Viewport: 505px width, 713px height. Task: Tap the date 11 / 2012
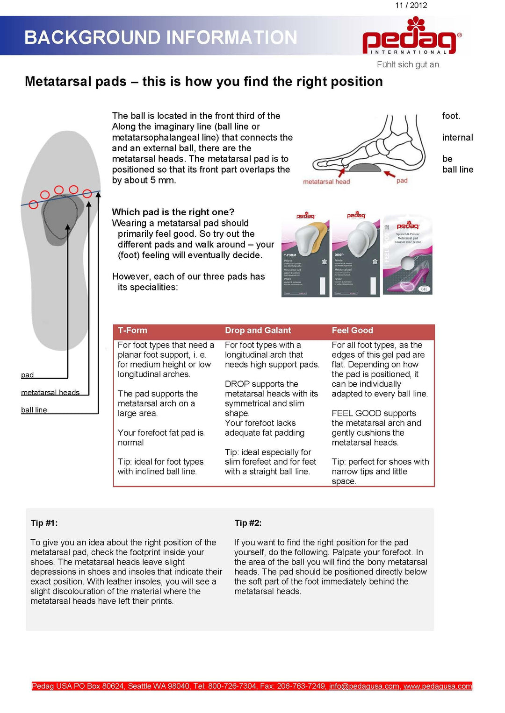(x=411, y=6)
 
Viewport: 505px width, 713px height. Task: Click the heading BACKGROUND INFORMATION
(x=160, y=37)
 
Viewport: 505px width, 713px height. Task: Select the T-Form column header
(x=132, y=331)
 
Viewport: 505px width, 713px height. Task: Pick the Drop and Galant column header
(x=258, y=331)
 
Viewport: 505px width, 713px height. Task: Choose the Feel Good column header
(x=352, y=331)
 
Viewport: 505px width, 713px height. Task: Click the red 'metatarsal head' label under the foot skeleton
(x=326, y=182)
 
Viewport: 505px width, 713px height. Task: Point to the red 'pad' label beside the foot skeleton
(x=402, y=181)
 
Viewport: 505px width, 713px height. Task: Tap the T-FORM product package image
(x=305, y=254)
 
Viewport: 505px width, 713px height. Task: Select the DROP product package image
(x=356, y=254)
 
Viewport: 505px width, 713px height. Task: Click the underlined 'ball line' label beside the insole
(x=34, y=410)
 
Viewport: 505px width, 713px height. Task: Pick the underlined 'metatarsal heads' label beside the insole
(x=50, y=393)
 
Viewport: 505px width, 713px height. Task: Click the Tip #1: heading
(x=44, y=523)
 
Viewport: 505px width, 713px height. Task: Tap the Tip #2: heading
(x=248, y=523)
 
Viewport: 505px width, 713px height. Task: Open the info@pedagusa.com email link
(x=364, y=686)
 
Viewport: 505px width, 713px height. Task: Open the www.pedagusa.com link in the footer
(x=438, y=686)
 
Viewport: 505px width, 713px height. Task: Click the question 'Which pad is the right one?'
(x=173, y=212)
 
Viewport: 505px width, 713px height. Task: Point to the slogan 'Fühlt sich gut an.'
(x=409, y=64)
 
